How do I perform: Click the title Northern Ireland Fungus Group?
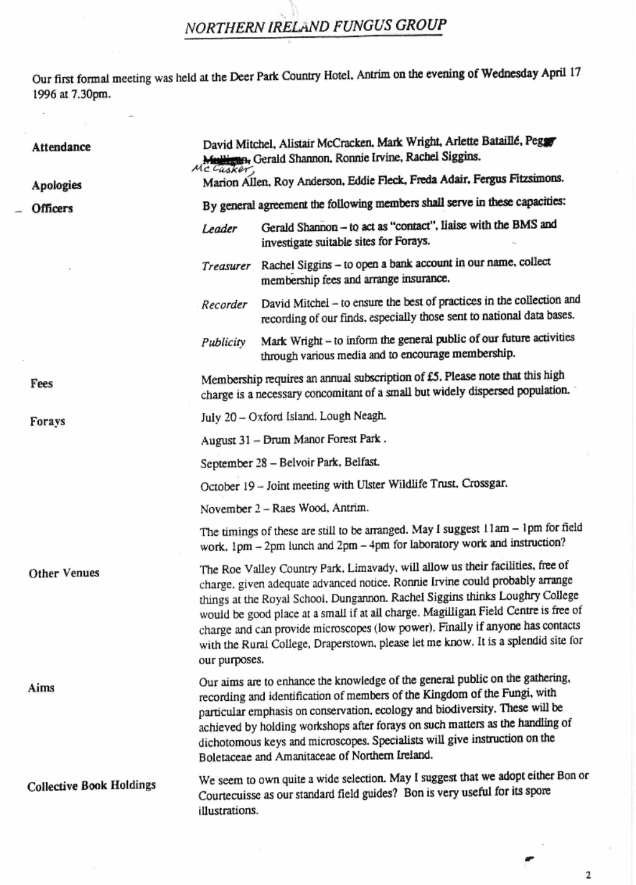click(x=316, y=26)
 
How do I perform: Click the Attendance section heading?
click(x=62, y=147)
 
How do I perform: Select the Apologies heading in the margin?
click(x=57, y=185)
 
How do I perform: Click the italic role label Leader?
click(x=219, y=228)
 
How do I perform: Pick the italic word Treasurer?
click(x=226, y=266)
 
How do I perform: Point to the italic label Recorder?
click(x=224, y=305)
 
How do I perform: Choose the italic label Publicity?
click(x=224, y=343)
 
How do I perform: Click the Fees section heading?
click(x=42, y=383)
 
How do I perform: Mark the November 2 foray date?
click(x=226, y=509)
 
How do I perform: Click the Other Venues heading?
click(x=64, y=573)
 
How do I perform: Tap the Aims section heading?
click(x=41, y=688)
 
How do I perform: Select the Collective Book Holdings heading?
click(x=91, y=785)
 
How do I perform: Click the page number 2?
click(x=588, y=875)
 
